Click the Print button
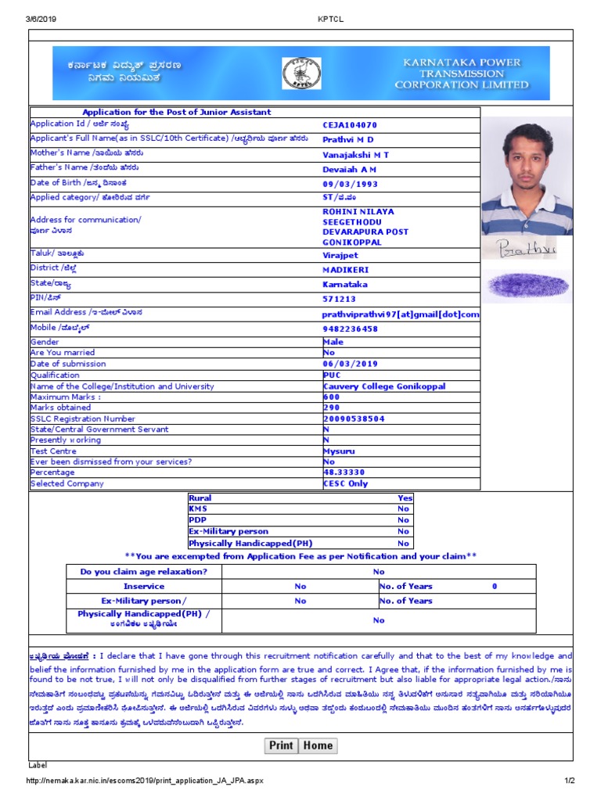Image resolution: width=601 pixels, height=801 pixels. [x=281, y=745]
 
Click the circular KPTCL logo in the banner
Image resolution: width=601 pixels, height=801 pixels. [x=301, y=73]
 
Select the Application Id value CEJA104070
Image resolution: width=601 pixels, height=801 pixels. [x=350, y=125]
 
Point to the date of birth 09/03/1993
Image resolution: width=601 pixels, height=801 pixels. [x=350, y=184]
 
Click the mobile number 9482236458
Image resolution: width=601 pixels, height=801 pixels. [x=350, y=329]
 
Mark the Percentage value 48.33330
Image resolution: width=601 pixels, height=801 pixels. [x=344, y=472]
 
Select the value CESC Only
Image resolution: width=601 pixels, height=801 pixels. [x=345, y=483]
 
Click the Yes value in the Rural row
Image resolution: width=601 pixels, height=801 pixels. [x=405, y=497]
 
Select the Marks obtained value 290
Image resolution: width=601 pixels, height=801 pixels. [x=332, y=408]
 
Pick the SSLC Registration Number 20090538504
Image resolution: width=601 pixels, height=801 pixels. [x=354, y=418]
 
